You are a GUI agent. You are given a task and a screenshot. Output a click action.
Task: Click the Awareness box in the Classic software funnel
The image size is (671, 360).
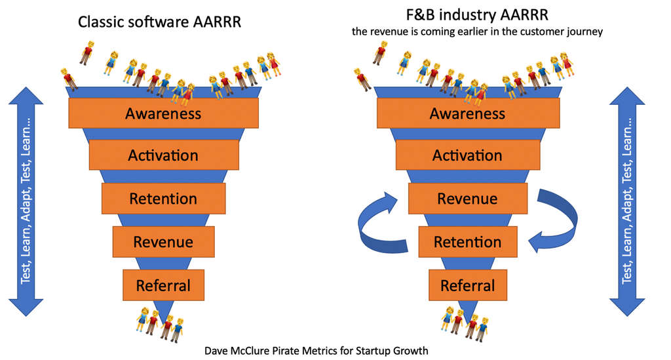tap(163, 113)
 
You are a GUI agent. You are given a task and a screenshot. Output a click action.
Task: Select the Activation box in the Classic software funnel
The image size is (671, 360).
tap(163, 155)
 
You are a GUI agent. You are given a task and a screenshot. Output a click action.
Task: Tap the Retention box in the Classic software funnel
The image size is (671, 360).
tap(163, 199)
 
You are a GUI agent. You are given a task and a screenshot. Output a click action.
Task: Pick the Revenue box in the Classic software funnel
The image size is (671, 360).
tap(163, 242)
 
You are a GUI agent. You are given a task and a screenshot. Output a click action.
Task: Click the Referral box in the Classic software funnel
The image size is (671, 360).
tap(163, 285)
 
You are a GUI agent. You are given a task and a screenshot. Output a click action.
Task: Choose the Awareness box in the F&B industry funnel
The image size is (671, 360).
tap(467, 113)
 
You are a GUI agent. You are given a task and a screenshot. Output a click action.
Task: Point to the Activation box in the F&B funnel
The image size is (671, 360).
tap(467, 155)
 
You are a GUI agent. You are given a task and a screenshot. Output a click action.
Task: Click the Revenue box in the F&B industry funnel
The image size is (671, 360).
tap(467, 199)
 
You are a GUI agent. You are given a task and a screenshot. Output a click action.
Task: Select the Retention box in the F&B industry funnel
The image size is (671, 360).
tap(467, 242)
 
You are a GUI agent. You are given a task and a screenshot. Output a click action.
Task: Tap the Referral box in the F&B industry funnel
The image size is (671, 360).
tap(467, 285)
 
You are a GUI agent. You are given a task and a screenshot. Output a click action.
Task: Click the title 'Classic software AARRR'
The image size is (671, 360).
tap(160, 22)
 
